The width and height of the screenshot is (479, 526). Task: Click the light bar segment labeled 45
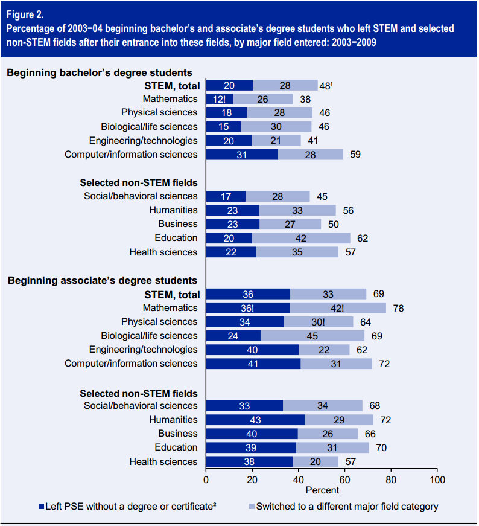point(312,336)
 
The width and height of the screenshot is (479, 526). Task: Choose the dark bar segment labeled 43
point(256,420)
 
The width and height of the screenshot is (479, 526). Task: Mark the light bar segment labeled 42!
point(337,308)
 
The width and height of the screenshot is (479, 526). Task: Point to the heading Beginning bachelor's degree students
point(100,72)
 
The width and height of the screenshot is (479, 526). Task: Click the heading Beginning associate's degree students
point(102,280)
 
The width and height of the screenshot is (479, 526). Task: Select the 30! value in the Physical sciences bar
point(318,322)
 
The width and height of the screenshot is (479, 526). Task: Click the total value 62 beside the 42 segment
point(362,238)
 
